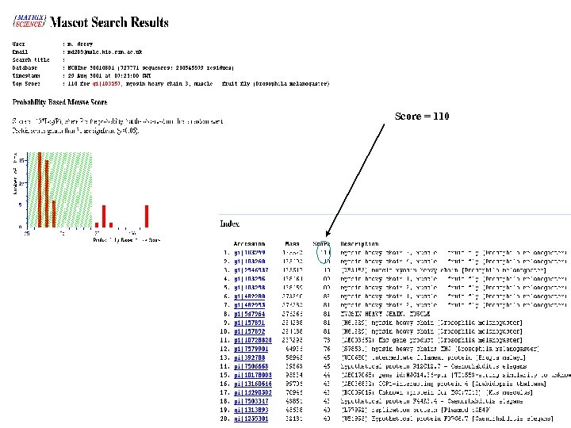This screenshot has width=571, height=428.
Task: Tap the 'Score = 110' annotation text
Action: tap(422, 117)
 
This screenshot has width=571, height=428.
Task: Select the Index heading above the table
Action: tap(230, 224)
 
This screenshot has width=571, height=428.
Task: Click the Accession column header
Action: tap(248, 243)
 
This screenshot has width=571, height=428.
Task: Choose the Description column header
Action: tap(359, 243)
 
